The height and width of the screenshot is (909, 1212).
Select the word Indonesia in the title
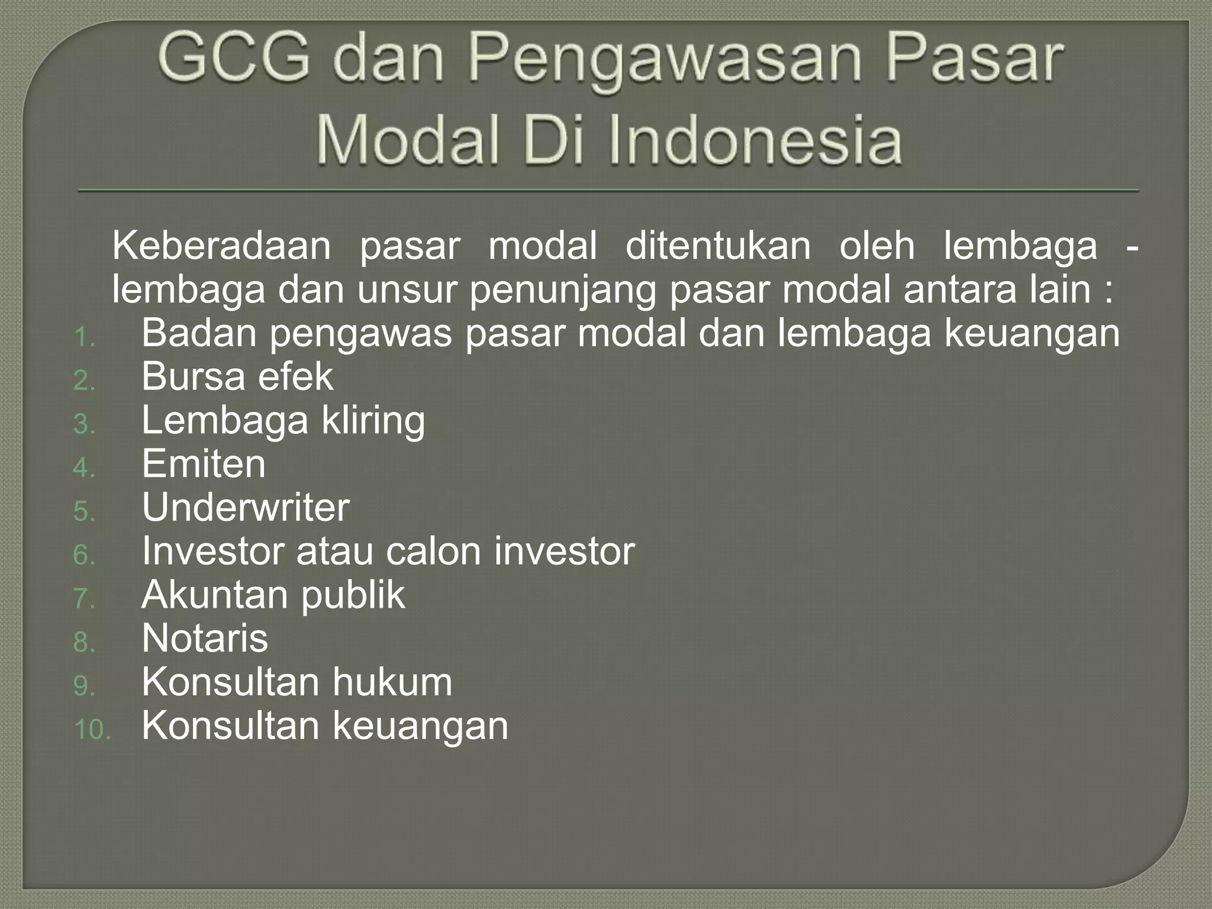pos(754,141)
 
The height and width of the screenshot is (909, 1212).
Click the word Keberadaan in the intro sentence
pos(221,246)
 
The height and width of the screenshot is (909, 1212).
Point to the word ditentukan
pos(718,246)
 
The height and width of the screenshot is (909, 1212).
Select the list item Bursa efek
pos(237,377)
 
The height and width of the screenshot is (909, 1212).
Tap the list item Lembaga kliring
pos(283,421)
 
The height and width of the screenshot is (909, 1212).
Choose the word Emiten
pos(204,464)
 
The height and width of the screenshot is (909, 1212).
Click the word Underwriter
pos(246,508)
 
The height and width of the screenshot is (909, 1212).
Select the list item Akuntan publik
pos(273,595)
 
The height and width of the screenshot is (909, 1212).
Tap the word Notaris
pos(205,639)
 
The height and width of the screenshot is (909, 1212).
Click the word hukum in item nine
pos(392,682)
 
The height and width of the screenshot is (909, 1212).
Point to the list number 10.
pos(92,730)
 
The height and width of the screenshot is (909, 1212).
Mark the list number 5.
pos(83,512)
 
